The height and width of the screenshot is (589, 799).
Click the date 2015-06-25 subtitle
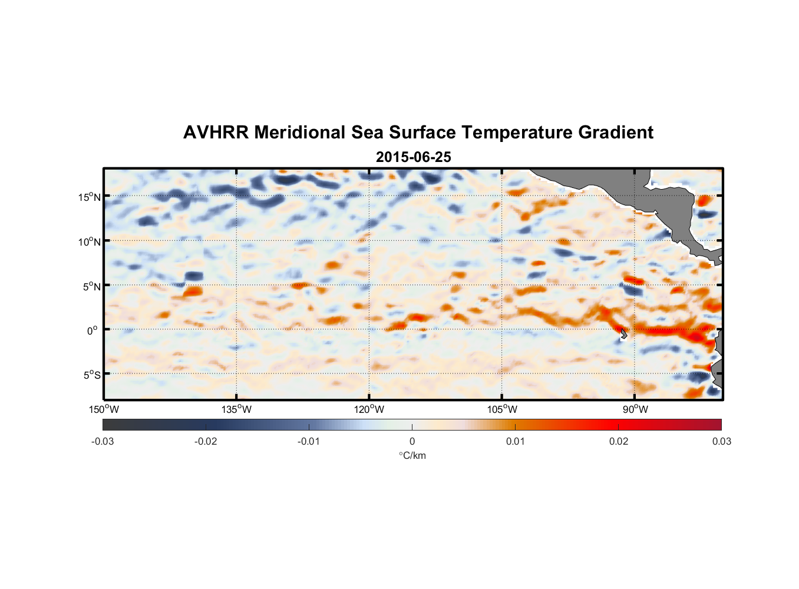click(414, 157)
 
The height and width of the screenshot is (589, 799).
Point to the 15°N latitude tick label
click(90, 197)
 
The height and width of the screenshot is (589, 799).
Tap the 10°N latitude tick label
click(90, 241)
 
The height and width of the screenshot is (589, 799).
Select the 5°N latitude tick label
click(92, 286)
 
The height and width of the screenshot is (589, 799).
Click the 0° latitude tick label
click(93, 330)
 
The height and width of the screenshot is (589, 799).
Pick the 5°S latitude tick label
click(92, 375)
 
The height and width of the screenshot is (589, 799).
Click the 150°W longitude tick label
click(104, 409)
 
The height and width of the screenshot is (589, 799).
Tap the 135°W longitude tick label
click(237, 409)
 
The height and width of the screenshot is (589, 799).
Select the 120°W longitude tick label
click(369, 409)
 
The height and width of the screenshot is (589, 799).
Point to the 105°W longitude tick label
click(502, 409)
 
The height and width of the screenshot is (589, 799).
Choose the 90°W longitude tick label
click(635, 409)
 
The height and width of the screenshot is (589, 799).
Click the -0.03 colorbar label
click(103, 441)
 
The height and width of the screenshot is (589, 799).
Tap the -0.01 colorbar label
click(309, 441)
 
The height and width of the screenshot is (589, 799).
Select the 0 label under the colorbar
click(412, 441)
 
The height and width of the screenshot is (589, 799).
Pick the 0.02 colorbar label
click(619, 441)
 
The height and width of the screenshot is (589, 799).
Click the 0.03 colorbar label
click(721, 441)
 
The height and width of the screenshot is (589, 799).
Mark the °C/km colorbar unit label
click(412, 455)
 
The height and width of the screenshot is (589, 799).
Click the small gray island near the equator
click(623, 334)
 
